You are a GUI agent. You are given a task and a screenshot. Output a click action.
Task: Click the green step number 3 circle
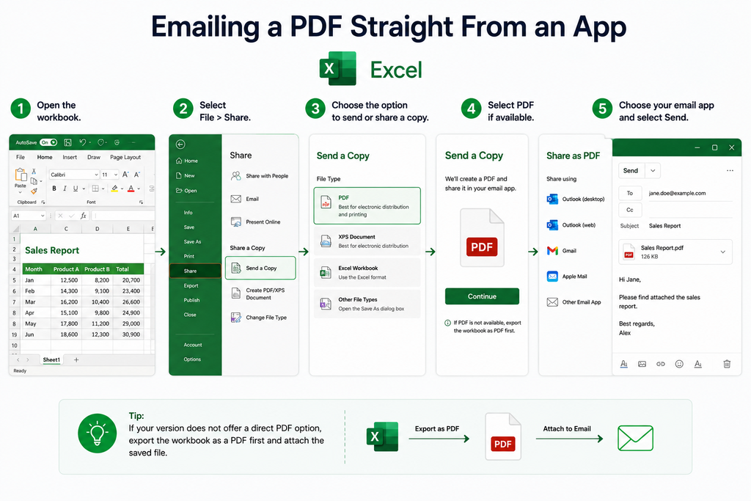[315, 109]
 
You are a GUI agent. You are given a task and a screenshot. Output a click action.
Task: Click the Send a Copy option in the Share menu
[260, 268]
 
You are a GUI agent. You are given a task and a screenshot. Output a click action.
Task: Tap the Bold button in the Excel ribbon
[54, 189]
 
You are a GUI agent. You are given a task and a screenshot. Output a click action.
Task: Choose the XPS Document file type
[367, 241]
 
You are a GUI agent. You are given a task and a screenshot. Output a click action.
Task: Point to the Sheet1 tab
[51, 359]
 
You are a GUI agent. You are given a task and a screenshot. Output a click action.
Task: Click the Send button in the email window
[630, 170]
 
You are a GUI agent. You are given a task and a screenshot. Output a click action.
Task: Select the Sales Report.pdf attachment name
[662, 248]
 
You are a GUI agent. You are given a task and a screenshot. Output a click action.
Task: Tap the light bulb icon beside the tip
[98, 433]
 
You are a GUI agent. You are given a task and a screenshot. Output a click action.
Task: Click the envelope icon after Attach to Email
[635, 438]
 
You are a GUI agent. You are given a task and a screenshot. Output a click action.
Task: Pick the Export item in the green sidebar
[191, 285]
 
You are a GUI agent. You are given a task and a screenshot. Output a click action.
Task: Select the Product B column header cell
[98, 269]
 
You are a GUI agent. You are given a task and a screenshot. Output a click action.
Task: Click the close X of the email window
[731, 147]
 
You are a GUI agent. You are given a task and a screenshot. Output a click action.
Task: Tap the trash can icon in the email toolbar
[727, 364]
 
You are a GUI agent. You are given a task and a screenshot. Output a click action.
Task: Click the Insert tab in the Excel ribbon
[70, 157]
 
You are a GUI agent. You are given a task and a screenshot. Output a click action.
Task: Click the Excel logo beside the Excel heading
[338, 68]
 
